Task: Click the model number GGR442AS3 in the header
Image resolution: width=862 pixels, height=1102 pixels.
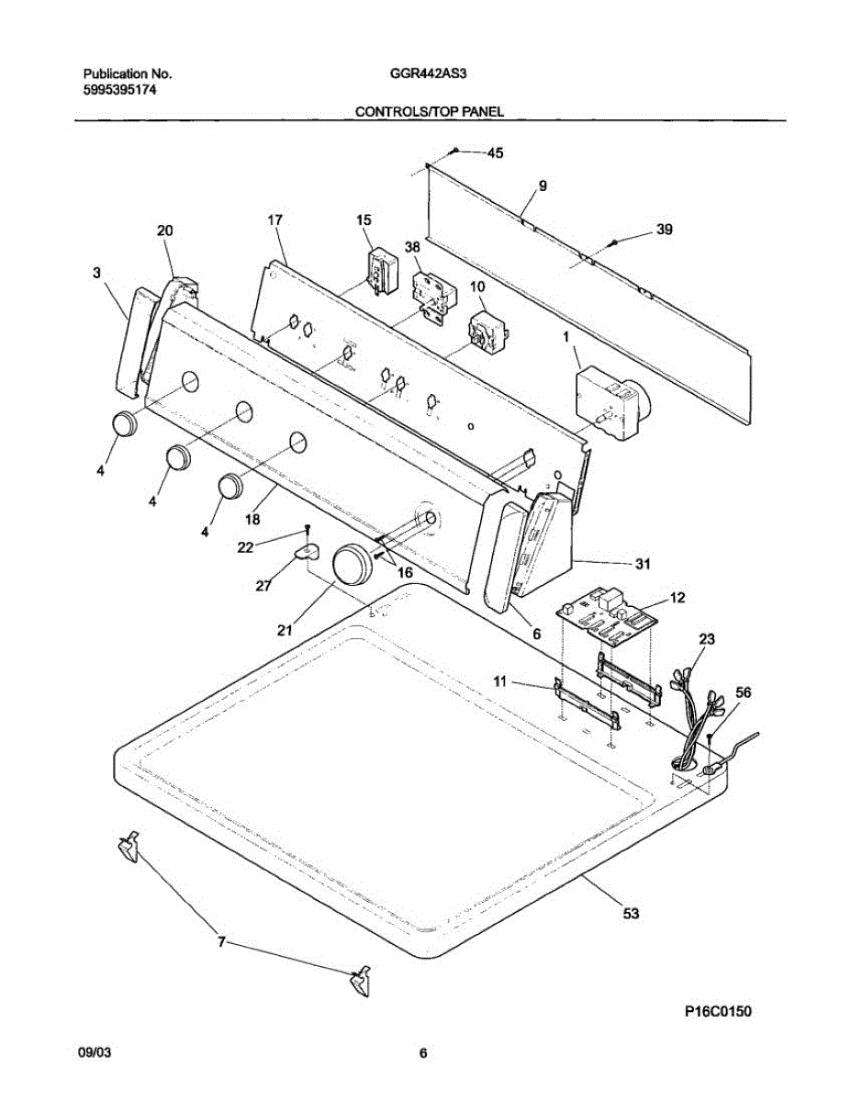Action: click(x=429, y=73)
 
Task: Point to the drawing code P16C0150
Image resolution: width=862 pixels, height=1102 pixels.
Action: click(x=718, y=1012)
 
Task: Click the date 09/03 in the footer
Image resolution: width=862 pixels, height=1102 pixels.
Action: click(x=95, y=1053)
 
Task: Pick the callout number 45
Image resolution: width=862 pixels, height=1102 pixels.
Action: click(x=494, y=153)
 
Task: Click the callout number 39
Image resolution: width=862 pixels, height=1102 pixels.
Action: click(x=664, y=230)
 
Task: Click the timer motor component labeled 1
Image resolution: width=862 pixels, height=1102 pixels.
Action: click(x=607, y=395)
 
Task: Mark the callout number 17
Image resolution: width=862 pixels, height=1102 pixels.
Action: click(x=274, y=219)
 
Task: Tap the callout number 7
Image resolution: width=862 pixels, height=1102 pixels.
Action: click(x=220, y=942)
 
